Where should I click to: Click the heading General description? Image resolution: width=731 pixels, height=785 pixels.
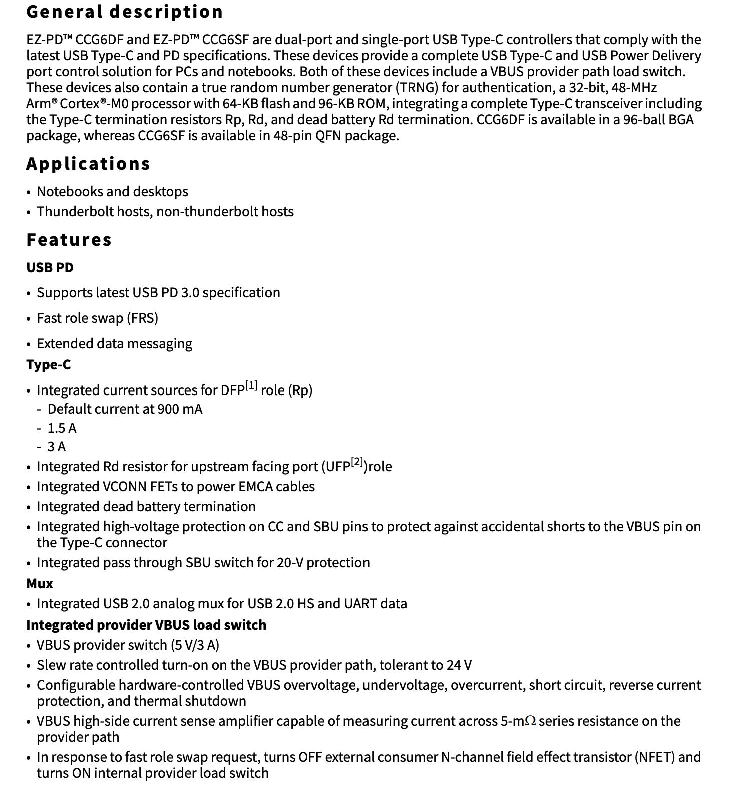(x=124, y=12)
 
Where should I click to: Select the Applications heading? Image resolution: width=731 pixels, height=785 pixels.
(x=88, y=164)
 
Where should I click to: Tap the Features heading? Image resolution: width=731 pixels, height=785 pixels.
(x=69, y=240)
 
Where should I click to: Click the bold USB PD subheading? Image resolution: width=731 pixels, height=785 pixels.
(x=50, y=268)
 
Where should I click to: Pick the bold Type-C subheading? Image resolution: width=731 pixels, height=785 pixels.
(x=48, y=365)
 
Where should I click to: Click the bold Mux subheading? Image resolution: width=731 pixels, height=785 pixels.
(x=39, y=584)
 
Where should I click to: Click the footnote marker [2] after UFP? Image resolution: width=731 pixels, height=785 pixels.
(x=357, y=462)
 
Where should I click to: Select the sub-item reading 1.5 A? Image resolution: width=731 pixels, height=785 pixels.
(x=62, y=428)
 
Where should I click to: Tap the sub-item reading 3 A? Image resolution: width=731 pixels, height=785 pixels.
(x=56, y=447)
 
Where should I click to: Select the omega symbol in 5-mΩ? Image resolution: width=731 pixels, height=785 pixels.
(x=530, y=721)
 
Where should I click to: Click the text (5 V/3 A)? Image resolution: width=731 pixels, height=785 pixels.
(x=195, y=645)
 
